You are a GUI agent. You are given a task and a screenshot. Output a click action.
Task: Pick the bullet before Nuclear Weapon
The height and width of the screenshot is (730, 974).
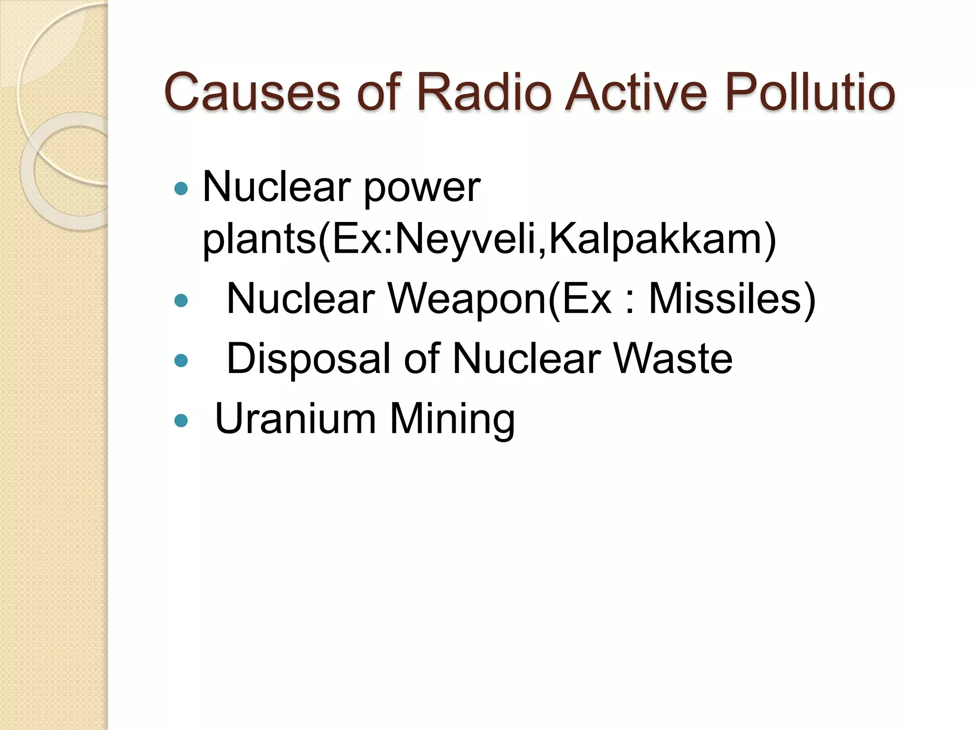pyautogui.click(x=181, y=300)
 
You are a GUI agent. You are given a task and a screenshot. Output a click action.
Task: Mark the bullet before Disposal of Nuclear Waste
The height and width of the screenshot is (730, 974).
pyautogui.click(x=181, y=360)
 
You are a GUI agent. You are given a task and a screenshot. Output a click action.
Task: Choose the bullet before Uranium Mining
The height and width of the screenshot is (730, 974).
pyautogui.click(x=181, y=420)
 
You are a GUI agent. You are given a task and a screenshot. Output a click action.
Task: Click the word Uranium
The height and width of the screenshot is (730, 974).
pyautogui.click(x=295, y=419)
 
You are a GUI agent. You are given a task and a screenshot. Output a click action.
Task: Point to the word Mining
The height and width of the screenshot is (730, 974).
pyautogui.click(x=452, y=420)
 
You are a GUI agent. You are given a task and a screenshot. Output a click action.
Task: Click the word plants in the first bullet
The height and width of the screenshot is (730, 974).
pyautogui.click(x=259, y=240)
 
